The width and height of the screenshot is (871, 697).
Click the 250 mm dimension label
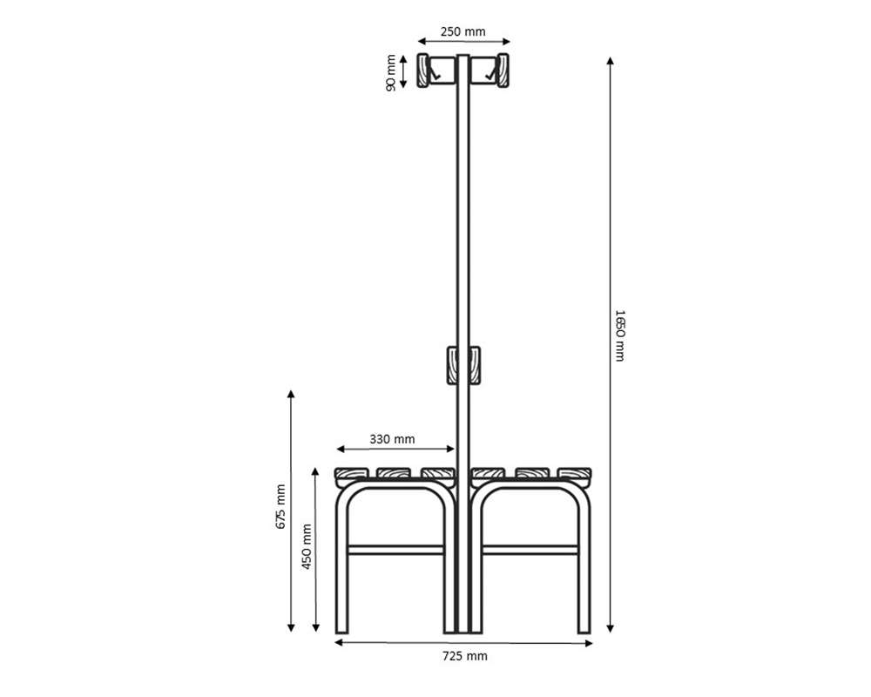click(x=463, y=32)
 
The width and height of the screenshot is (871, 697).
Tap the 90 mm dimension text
click(x=392, y=71)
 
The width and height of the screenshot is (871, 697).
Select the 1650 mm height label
click(x=620, y=335)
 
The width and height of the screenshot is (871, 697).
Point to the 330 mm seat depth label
click(x=392, y=439)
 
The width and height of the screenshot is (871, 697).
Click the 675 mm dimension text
click(x=280, y=506)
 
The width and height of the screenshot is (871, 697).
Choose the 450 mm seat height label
click(x=307, y=546)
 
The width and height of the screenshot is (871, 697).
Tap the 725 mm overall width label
click(x=464, y=656)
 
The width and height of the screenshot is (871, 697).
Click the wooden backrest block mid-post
click(x=463, y=365)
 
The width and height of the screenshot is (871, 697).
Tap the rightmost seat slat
click(x=576, y=475)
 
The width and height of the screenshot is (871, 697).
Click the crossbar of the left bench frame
click(x=396, y=551)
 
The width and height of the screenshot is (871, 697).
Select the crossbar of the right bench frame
click(x=530, y=551)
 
